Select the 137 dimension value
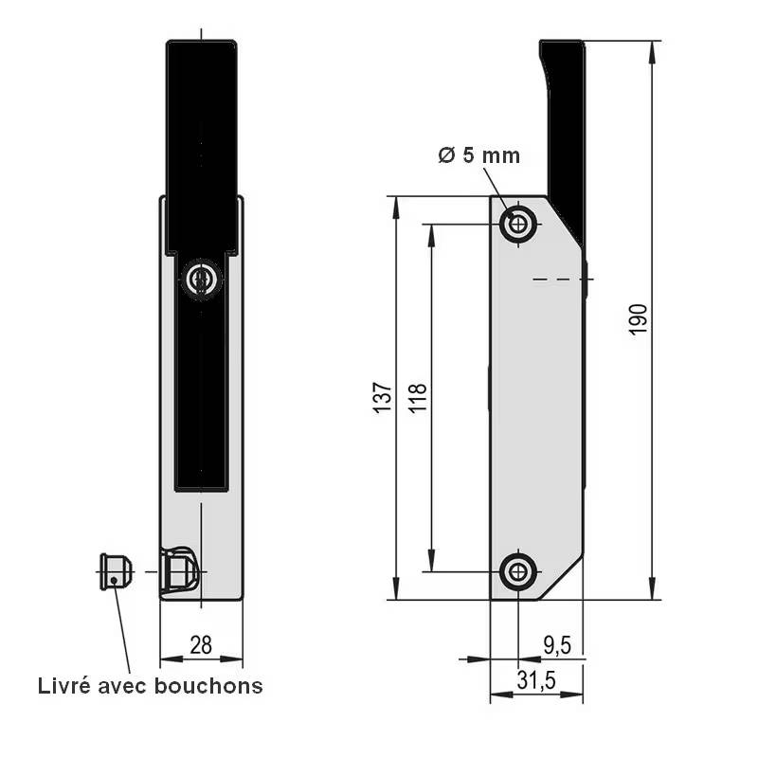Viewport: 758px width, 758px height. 381,397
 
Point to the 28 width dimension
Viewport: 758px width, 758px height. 201,645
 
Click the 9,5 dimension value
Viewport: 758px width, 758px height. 556,645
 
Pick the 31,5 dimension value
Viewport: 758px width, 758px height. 535,680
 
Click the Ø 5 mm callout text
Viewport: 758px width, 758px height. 478,155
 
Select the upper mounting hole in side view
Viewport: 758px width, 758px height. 517,225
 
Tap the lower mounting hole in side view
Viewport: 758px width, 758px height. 517,571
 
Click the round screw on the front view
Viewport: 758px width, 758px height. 200,280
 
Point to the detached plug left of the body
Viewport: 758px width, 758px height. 115,571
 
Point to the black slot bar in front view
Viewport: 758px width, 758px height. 201,398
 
